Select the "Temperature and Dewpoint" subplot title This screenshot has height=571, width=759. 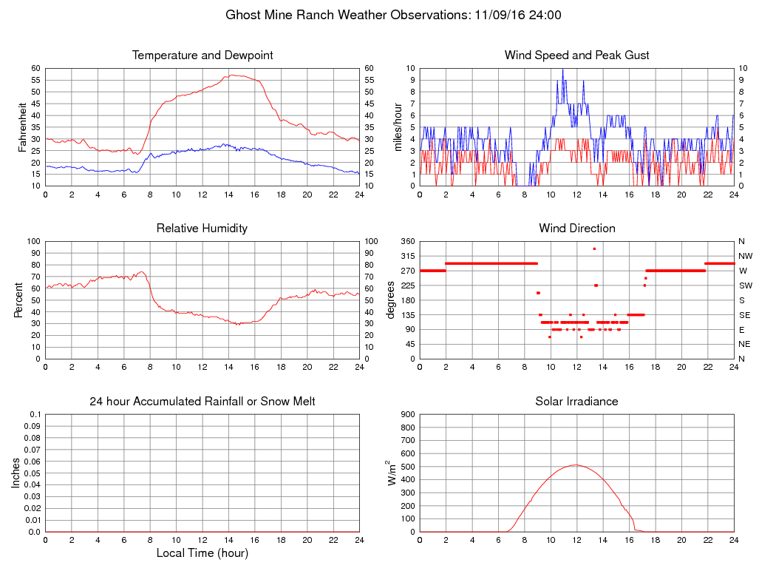202,55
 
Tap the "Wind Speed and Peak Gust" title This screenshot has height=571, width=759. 576,55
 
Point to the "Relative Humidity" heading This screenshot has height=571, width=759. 202,229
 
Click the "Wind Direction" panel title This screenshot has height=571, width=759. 576,229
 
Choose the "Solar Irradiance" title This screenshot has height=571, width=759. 576,402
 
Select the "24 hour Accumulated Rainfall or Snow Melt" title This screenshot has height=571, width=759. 202,402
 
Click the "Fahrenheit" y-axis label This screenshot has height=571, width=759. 23,127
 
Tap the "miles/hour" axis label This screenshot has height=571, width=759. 398,127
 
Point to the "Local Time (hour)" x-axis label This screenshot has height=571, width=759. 202,553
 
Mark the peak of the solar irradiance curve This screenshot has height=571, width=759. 576,464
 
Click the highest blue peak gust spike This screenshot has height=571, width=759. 562,69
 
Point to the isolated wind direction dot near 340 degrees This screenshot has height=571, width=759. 594,249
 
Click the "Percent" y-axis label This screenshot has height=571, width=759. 18,300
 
